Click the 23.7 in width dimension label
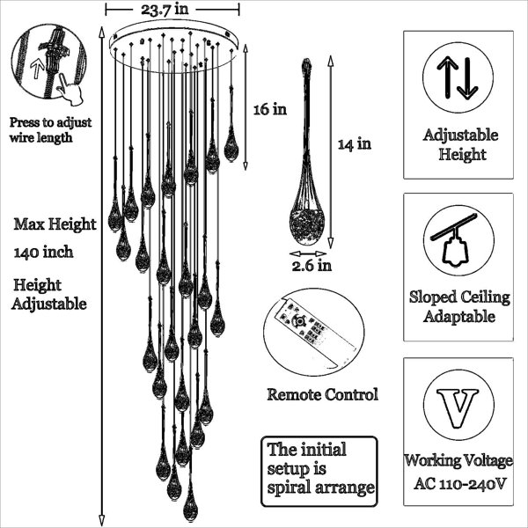click(x=165, y=9)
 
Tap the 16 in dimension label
click(x=270, y=109)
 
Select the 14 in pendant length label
click(x=355, y=144)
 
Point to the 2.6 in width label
click(x=312, y=266)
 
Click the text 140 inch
click(x=43, y=252)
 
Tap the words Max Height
click(x=55, y=224)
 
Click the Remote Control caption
click(x=323, y=394)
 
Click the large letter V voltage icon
click(x=458, y=408)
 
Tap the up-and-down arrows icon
click(x=458, y=77)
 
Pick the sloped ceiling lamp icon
click(x=454, y=239)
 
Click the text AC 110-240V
click(x=460, y=484)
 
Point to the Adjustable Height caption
click(x=460, y=145)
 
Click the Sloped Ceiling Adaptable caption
click(x=459, y=306)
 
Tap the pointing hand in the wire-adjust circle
click(x=70, y=88)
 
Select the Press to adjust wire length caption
click(x=50, y=130)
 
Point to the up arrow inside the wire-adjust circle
click(x=37, y=70)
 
